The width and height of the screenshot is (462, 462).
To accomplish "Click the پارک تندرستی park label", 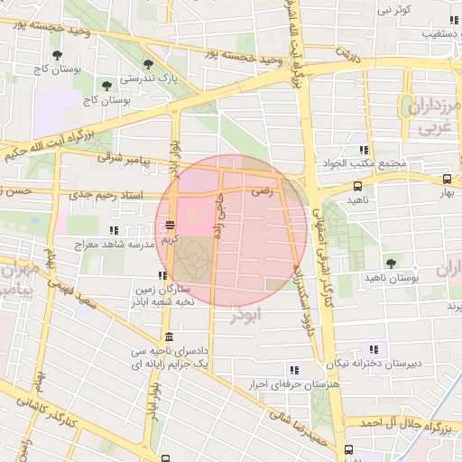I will click(x=147, y=78).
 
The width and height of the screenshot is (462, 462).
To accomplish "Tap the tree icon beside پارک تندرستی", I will click(x=147, y=64).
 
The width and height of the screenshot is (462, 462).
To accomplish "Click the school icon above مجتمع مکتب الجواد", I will click(x=364, y=150).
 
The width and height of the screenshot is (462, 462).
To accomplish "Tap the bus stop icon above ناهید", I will click(x=358, y=186).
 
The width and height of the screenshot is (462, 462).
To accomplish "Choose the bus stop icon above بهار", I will click(x=448, y=180).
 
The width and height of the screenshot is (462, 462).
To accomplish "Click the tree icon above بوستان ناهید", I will click(x=390, y=263).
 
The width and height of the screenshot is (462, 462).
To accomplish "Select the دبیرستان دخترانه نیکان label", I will click(x=374, y=364).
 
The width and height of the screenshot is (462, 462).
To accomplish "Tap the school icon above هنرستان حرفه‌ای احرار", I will click(x=293, y=370).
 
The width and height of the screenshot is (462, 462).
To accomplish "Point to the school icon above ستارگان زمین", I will click(x=162, y=276).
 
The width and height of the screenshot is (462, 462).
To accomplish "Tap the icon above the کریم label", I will click(x=170, y=227).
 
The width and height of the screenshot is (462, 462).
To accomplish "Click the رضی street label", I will click(x=262, y=191).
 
